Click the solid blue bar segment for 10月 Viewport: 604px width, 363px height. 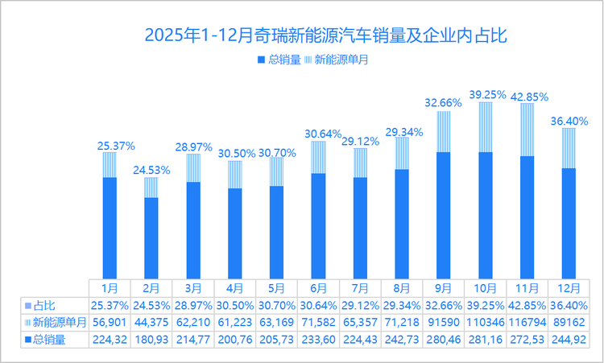(x=486, y=214)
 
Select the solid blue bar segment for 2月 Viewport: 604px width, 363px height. (x=151, y=237)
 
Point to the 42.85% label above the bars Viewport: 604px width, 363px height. (x=527, y=96)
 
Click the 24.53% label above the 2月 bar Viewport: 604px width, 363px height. (x=151, y=171)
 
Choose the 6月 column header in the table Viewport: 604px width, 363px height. (x=318, y=287)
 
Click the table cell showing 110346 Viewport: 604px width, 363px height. (x=486, y=322)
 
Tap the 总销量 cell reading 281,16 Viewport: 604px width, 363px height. (x=486, y=339)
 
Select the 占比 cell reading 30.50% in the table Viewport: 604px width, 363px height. (x=234, y=306)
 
